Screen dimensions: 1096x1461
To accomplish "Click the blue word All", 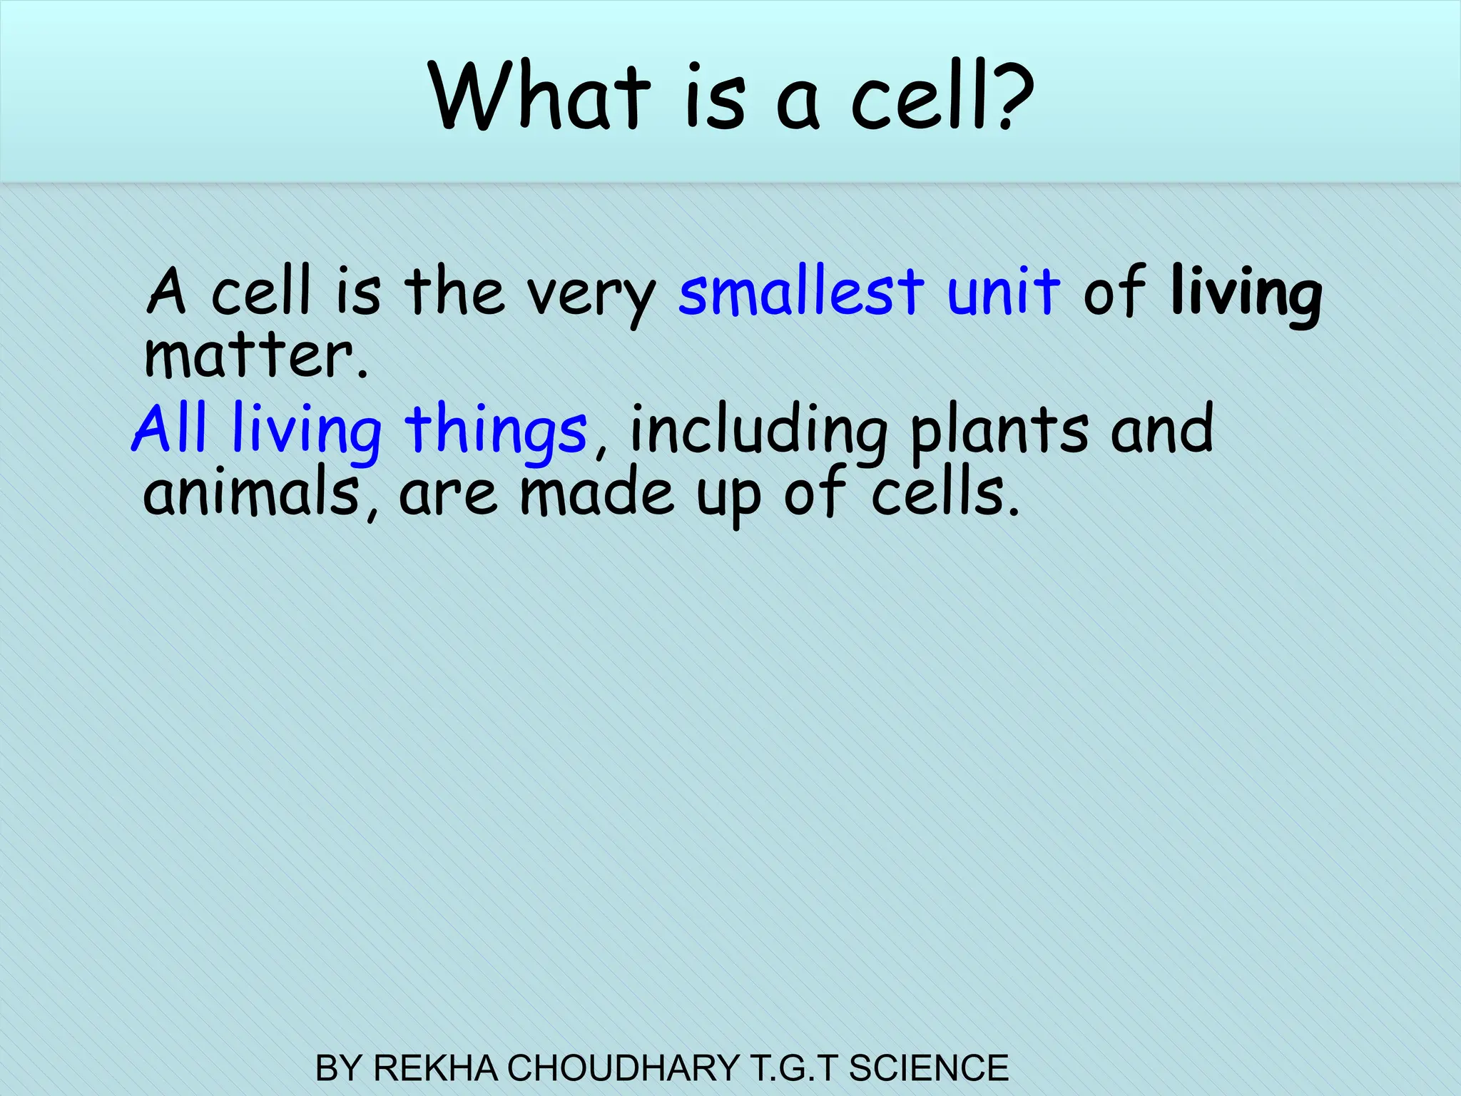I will [x=170, y=428].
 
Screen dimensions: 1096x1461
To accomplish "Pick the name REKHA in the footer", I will [x=435, y=1068].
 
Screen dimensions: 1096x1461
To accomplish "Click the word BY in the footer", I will [x=340, y=1068].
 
